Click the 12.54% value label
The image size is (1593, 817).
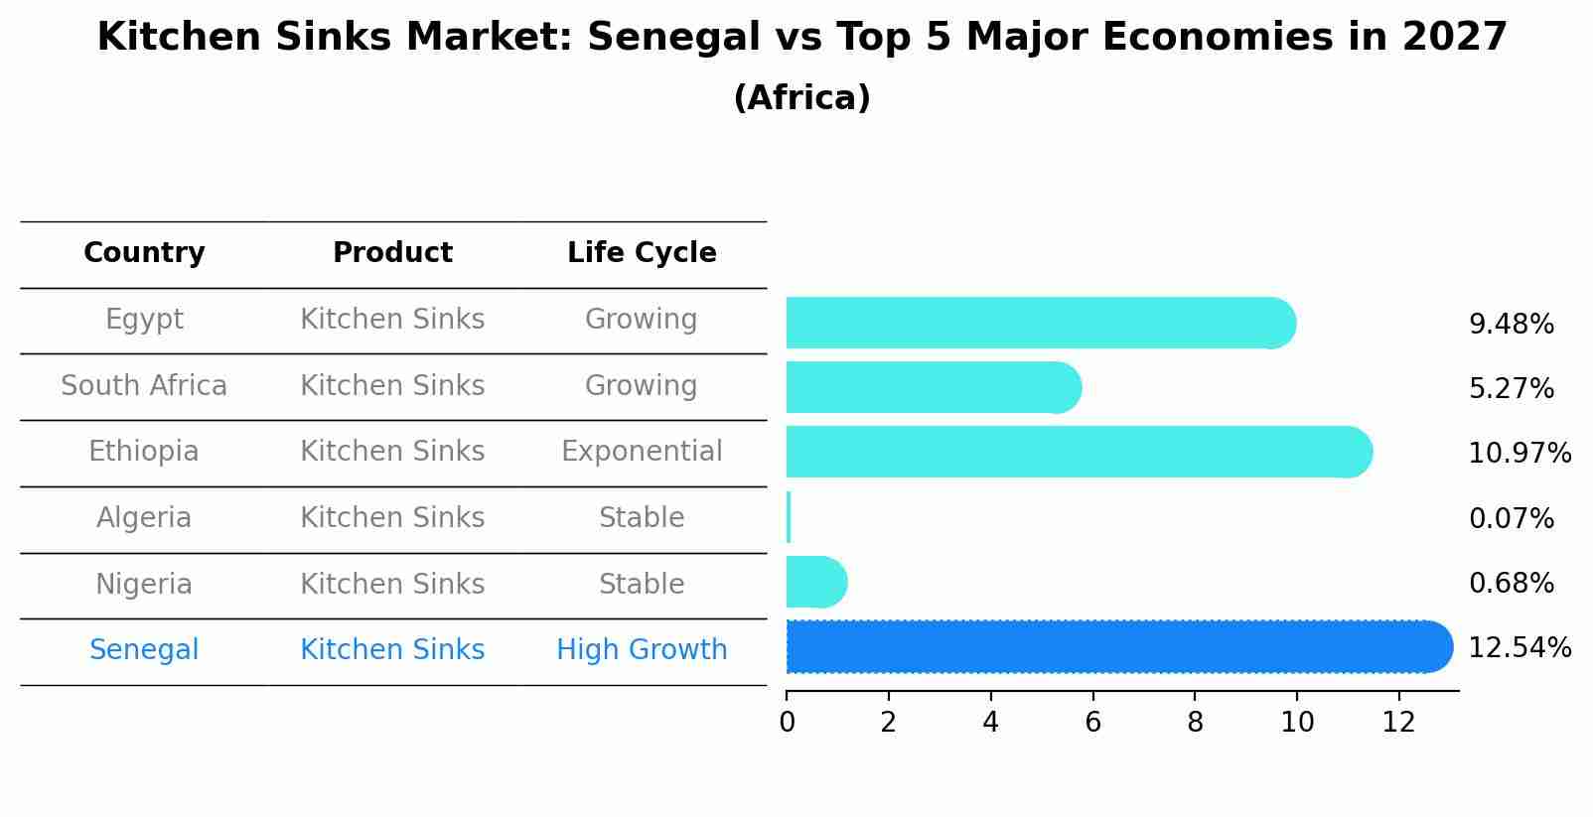point(1519,648)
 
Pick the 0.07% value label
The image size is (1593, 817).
point(1511,518)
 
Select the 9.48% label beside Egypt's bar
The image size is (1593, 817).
point(1511,325)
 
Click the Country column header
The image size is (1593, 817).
point(144,253)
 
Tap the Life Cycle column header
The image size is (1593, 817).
point(642,253)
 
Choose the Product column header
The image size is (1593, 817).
point(392,253)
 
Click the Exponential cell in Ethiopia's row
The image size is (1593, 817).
point(642,452)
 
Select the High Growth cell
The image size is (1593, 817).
point(642,650)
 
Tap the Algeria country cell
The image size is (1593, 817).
point(144,518)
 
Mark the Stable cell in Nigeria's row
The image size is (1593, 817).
point(642,584)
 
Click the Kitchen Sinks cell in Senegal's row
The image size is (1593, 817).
point(392,650)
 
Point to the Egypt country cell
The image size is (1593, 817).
point(144,320)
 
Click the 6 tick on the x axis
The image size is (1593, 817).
point(1092,723)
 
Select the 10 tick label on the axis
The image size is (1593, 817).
point(1297,723)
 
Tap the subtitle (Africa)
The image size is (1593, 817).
point(801,98)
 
